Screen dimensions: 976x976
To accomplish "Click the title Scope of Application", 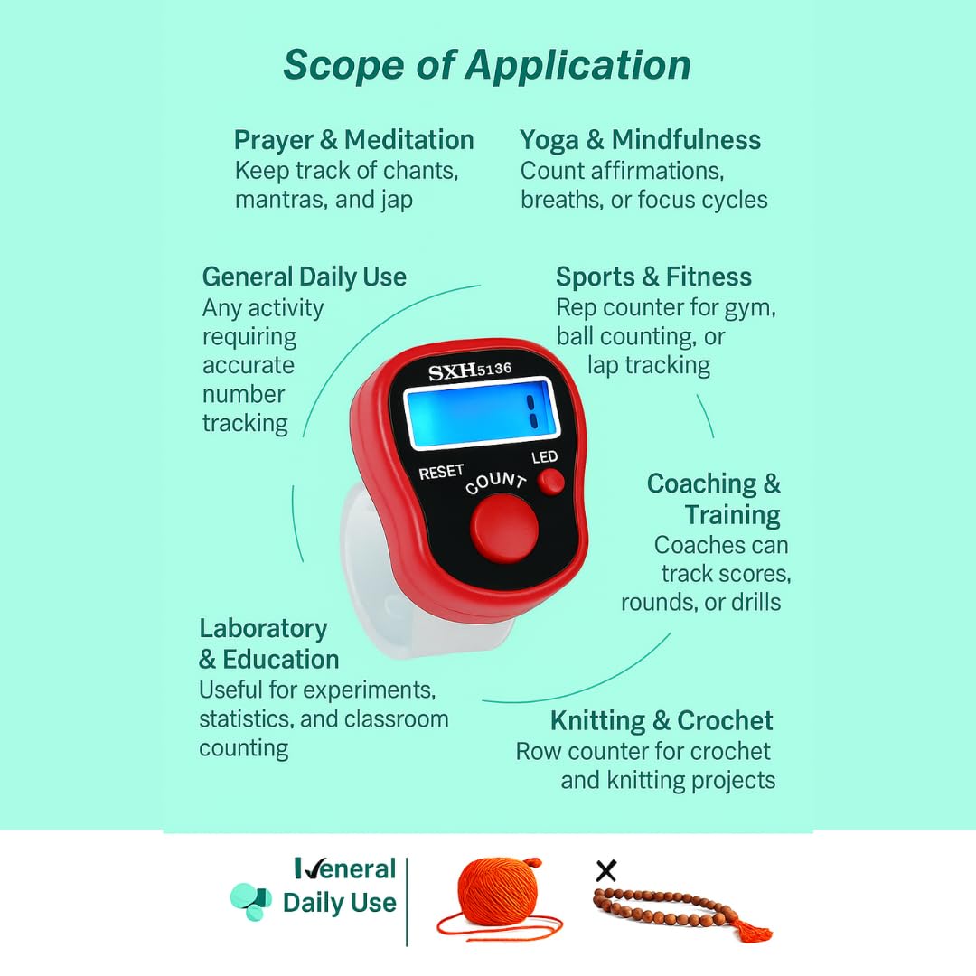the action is pyautogui.click(x=487, y=65).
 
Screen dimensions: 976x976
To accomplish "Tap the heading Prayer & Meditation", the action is pyautogui.click(x=353, y=140).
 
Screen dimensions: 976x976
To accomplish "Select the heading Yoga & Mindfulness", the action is pyautogui.click(x=640, y=140).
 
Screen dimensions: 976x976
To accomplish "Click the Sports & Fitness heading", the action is pyautogui.click(x=653, y=277).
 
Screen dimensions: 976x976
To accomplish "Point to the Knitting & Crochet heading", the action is pyautogui.click(x=662, y=720).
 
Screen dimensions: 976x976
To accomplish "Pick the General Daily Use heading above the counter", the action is pyautogui.click(x=304, y=277).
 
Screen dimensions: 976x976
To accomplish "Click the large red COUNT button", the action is pyautogui.click(x=503, y=528).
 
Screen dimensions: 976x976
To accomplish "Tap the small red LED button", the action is pyautogui.click(x=551, y=482).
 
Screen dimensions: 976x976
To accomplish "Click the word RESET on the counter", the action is pyautogui.click(x=441, y=472).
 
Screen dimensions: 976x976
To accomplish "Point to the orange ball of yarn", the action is pyautogui.click(x=498, y=891).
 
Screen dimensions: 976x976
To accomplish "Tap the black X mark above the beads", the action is pyautogui.click(x=605, y=871).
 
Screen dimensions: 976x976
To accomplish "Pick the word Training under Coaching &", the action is pyautogui.click(x=732, y=515).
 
